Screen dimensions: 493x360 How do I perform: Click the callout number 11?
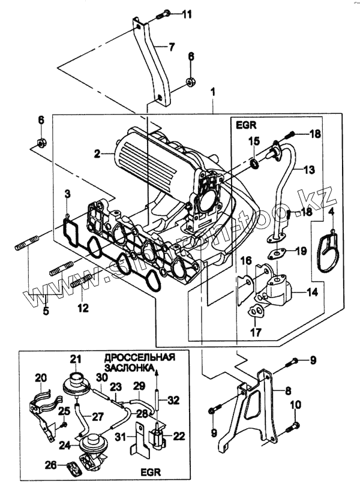[187, 14]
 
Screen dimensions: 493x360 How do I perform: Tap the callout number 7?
[171, 46]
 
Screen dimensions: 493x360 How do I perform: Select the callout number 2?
[95, 154]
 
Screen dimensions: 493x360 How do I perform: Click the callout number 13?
[308, 170]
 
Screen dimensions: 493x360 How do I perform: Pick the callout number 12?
[83, 308]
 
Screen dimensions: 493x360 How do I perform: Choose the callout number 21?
[75, 359]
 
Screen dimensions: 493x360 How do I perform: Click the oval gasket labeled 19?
[277, 252]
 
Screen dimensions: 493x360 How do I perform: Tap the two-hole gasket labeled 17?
[256, 311]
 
